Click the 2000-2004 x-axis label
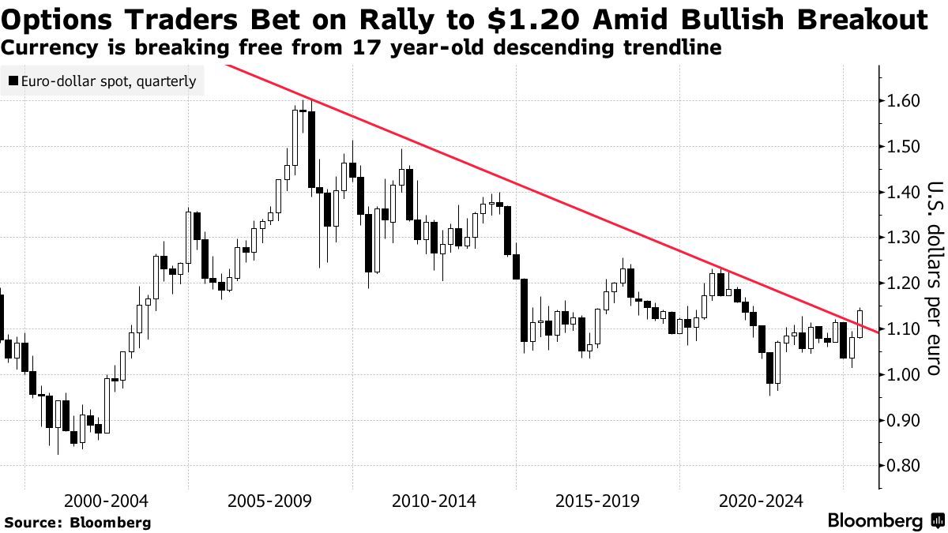coord(106,501)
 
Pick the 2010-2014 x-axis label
coord(434,501)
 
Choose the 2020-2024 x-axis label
coord(762,501)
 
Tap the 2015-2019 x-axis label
coord(597,501)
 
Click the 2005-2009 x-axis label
coord(269,501)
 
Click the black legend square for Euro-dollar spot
coord(13,81)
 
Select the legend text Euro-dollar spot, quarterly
coord(108,81)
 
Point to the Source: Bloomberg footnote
coord(77,522)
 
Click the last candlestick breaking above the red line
coord(860,324)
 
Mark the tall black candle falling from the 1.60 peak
coord(312,150)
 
